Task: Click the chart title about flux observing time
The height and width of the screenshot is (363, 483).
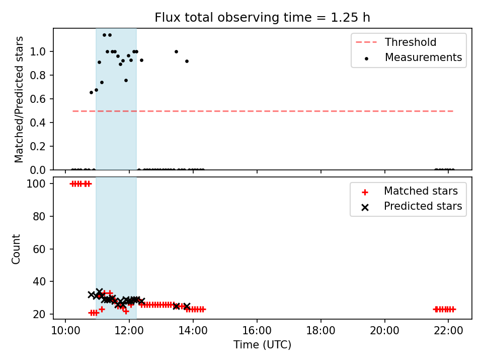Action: (x=262, y=18)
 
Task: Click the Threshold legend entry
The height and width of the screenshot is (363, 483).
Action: (x=396, y=42)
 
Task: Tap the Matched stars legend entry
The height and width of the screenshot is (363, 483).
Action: (x=410, y=191)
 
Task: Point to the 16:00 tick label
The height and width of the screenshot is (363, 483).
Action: (x=257, y=331)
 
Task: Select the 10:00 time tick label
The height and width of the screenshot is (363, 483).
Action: (x=65, y=331)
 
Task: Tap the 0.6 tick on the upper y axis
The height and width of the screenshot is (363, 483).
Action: (x=38, y=99)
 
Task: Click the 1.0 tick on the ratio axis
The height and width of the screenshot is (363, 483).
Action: (x=38, y=51)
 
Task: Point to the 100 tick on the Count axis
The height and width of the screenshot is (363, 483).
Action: (x=36, y=184)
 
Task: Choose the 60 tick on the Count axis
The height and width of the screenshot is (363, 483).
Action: (x=39, y=249)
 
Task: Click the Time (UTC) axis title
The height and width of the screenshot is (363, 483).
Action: (x=262, y=344)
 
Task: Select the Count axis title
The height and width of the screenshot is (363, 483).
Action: (x=16, y=249)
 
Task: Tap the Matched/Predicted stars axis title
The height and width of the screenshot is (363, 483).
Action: (x=19, y=99)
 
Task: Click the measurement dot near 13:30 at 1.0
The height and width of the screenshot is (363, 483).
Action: (x=176, y=51)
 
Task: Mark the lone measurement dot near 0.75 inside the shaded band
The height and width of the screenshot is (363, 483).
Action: (x=126, y=81)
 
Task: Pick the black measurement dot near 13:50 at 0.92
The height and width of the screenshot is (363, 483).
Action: (x=187, y=61)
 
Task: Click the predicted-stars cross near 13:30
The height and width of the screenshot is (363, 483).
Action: (x=176, y=306)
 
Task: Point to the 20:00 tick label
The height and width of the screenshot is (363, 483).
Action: (x=384, y=331)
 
